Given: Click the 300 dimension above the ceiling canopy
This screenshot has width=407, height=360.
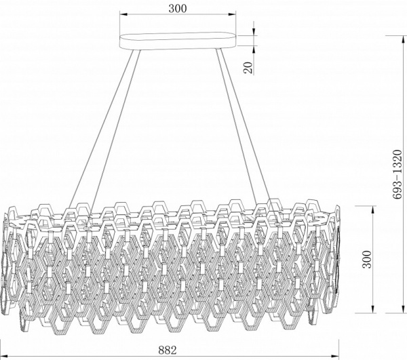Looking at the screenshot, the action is coord(178,9).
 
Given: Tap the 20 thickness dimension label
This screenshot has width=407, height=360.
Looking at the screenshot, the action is coord(248,68).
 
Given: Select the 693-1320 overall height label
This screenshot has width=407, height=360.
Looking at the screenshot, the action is coord(397,174).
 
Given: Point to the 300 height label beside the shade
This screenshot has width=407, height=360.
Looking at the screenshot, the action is coord(367,260).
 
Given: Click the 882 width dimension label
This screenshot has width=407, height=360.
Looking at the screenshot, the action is coord(168,350).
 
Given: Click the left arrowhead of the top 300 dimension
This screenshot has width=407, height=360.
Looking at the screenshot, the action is coord(123,15).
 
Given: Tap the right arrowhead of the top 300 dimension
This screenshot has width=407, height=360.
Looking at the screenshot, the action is coord(232,15).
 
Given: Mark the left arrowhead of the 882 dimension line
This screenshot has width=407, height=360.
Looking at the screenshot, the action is coord(4,355).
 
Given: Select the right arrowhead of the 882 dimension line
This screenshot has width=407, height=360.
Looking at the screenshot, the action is coord(335,355).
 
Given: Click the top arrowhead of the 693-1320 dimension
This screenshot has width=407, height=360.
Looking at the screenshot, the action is coord(403,40).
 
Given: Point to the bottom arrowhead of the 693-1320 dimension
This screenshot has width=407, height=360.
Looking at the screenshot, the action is coord(403,308).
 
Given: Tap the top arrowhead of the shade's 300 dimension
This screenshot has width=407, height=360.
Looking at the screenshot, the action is coord(372,210).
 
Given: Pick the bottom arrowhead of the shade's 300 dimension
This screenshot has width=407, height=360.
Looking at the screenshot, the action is coord(372,308).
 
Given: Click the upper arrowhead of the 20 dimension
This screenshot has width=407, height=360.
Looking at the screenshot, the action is coord(254,31).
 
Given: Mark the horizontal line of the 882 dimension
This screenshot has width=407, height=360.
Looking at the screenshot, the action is coord(170,355).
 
